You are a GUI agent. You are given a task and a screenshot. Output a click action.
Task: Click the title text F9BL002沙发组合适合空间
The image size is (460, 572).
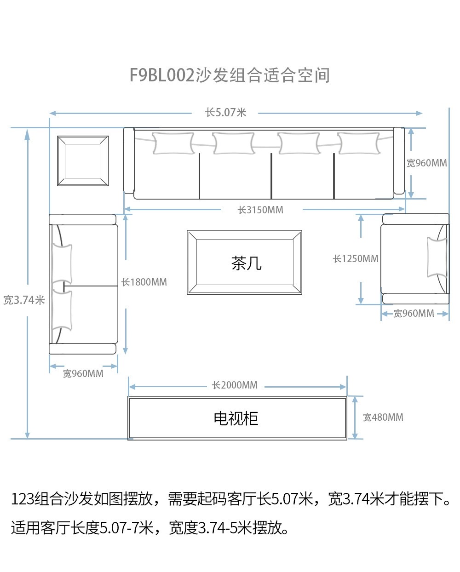point(230,75)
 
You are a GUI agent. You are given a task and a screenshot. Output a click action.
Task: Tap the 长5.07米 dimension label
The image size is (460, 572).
point(225,113)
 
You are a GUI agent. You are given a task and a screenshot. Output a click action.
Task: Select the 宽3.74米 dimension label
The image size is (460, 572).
point(24,300)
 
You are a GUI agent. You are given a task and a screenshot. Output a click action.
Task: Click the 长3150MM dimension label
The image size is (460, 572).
point(260,210)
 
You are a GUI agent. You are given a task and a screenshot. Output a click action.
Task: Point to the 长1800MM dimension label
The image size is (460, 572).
point(144,282)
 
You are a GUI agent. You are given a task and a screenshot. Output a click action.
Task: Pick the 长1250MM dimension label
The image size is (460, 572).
point(356,259)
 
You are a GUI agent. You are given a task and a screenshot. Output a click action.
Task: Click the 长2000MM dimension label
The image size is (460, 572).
point(235,385)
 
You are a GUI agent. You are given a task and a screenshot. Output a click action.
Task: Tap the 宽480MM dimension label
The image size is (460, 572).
point(383,418)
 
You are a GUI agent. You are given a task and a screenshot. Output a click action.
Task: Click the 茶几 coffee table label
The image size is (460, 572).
point(246,263)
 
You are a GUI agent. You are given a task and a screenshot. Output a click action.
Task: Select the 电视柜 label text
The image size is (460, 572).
point(236,418)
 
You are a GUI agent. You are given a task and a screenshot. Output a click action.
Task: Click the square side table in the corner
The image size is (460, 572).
point(83,161)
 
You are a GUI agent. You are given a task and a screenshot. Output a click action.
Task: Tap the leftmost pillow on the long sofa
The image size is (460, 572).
point(173,143)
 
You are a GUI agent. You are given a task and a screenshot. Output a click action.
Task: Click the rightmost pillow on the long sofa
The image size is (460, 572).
point(359,143)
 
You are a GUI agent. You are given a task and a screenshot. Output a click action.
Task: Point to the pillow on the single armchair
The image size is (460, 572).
point(437,257)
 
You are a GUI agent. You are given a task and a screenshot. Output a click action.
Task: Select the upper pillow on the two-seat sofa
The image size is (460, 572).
point(62,263)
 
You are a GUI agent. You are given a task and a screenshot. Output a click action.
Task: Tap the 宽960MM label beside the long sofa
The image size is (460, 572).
point(426,163)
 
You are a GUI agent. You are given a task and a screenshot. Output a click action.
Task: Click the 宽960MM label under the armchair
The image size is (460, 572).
point(414,314)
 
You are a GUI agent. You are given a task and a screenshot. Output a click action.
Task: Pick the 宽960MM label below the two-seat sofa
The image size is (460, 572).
point(83,374)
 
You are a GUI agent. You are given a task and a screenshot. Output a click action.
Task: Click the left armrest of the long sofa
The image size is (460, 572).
point(129,161)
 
